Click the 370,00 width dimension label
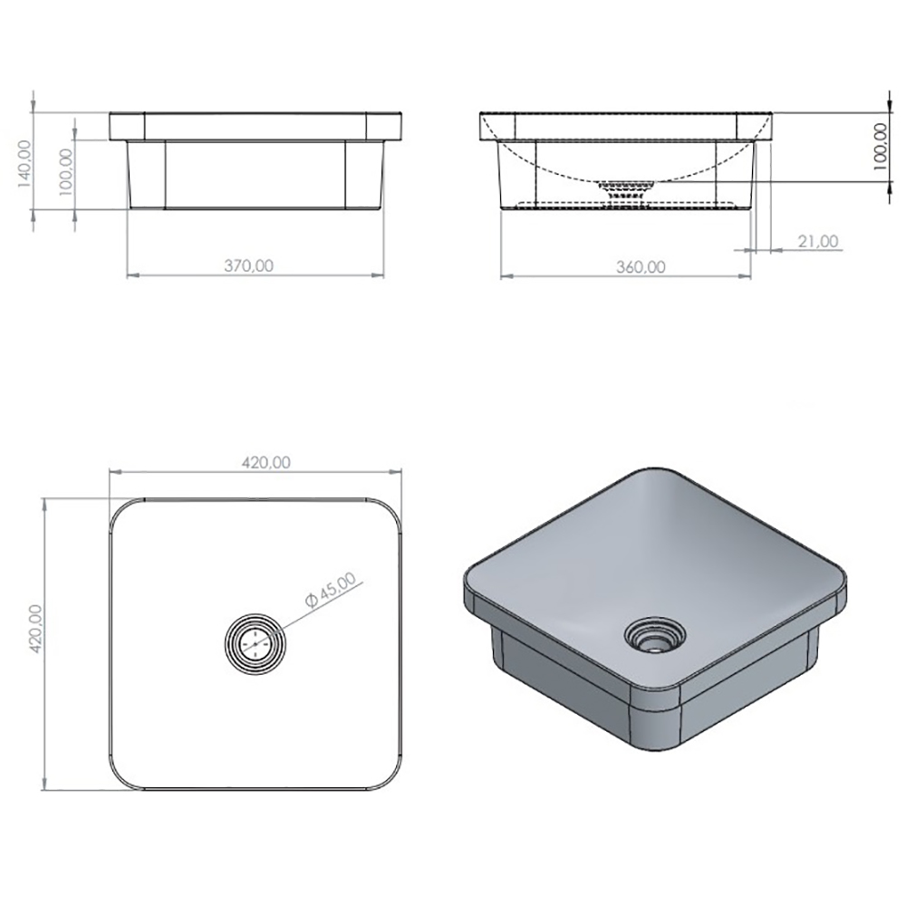248,265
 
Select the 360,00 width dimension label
641,267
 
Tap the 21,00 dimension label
818,241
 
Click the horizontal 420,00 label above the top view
265,462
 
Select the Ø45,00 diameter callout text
331,590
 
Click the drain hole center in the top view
255,643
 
